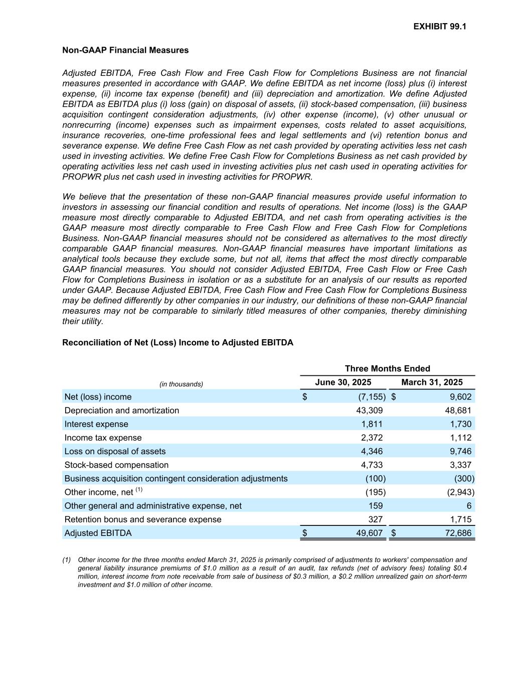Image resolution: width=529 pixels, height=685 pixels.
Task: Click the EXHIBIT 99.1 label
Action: (x=440, y=27)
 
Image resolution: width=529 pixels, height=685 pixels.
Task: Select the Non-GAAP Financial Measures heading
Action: (x=125, y=50)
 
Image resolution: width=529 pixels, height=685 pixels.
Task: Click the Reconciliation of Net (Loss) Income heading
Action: (x=178, y=343)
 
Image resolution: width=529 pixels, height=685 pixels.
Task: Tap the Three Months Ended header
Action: (x=387, y=368)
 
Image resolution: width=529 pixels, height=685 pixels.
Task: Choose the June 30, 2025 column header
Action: (x=343, y=382)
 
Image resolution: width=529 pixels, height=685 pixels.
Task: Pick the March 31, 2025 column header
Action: (x=432, y=382)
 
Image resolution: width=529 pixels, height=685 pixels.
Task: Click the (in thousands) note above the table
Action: (x=181, y=384)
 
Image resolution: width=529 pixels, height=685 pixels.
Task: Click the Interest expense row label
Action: (x=96, y=424)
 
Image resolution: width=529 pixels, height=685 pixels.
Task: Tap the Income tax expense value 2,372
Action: (x=372, y=438)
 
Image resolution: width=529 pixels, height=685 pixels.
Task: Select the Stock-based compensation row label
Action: (x=116, y=465)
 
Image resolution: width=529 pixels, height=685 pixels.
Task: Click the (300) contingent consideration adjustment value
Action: (x=464, y=479)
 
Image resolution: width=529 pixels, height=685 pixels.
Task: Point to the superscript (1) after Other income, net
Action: (x=139, y=490)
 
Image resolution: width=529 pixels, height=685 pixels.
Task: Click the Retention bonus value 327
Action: (x=375, y=519)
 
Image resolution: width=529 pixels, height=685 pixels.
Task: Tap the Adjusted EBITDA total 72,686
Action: (x=457, y=533)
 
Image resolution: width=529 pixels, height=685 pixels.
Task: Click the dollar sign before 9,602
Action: (x=394, y=397)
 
